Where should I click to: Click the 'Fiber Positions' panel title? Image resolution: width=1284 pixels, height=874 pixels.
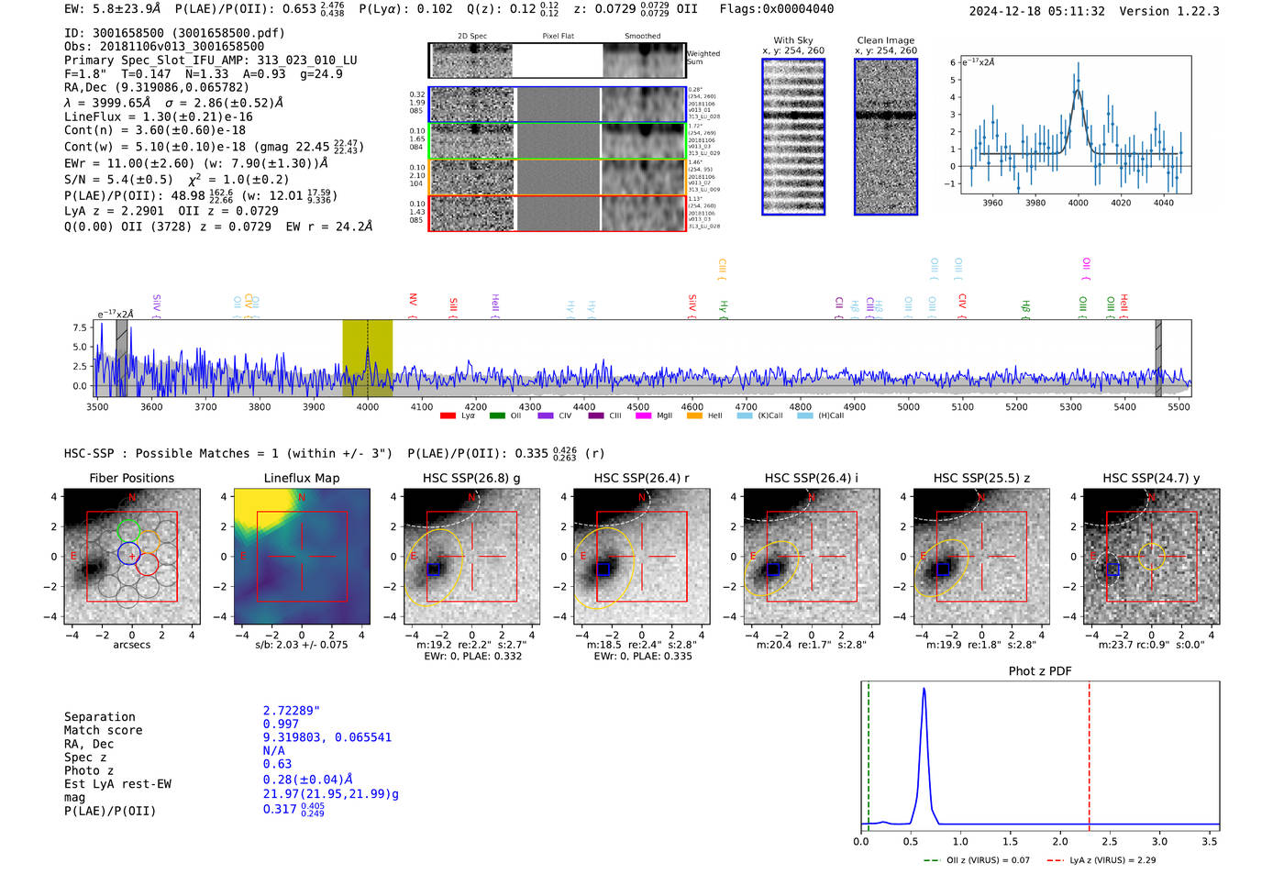tap(131, 478)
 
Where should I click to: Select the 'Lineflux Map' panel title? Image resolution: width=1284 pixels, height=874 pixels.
tap(301, 478)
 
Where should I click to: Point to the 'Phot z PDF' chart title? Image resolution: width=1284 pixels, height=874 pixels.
tap(1039, 670)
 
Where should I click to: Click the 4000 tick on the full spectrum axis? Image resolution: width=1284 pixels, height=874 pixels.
tap(367, 406)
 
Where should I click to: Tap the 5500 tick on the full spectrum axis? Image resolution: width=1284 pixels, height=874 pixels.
tap(1179, 406)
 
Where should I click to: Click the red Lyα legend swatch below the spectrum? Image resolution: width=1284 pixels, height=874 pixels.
tap(448, 415)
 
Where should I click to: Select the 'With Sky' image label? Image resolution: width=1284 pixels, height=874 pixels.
tap(792, 40)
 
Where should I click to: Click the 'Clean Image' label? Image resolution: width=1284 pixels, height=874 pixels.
tap(885, 40)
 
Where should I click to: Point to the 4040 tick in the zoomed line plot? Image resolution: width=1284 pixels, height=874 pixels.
tap(1163, 203)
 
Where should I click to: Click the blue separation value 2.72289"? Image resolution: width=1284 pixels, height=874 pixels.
tap(291, 711)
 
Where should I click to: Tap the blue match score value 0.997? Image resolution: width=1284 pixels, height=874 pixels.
tap(281, 724)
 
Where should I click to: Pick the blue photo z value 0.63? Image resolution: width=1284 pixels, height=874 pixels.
tap(277, 764)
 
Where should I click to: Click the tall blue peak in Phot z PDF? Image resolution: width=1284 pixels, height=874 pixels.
tap(924, 690)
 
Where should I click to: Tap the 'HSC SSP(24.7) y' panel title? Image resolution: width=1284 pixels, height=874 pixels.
tap(1151, 478)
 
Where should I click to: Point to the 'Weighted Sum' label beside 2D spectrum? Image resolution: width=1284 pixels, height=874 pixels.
tap(703, 57)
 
